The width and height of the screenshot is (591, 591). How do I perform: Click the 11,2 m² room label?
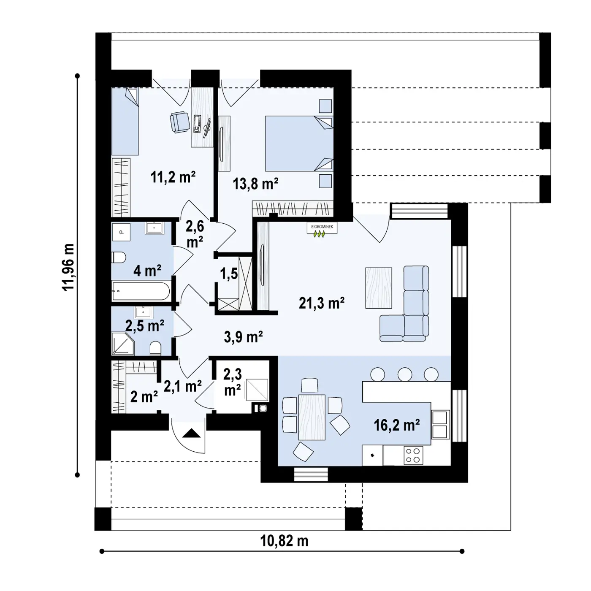pyautogui.click(x=173, y=177)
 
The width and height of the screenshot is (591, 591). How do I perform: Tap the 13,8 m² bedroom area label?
pyautogui.click(x=255, y=184)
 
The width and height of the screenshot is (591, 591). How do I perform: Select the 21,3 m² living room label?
pyautogui.click(x=321, y=303)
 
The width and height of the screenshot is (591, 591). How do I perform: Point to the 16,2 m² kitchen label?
pyautogui.click(x=396, y=425)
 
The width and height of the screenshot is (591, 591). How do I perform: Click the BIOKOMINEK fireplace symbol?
pyautogui.click(x=322, y=230)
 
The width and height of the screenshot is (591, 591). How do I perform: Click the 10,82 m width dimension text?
pyautogui.click(x=284, y=541)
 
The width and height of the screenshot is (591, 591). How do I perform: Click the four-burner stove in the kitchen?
pyautogui.click(x=413, y=455)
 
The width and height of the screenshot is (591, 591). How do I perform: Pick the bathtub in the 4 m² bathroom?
pyautogui.click(x=141, y=291)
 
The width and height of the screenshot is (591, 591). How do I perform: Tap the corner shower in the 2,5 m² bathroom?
pyautogui.click(x=122, y=344)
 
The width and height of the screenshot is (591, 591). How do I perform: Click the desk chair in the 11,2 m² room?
pyautogui.click(x=180, y=122)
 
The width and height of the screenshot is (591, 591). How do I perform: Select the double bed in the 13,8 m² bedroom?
pyautogui.click(x=299, y=143)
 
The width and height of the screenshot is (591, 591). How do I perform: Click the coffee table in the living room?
pyautogui.click(x=379, y=287)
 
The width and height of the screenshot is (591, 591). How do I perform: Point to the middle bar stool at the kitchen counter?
pyautogui.click(x=404, y=374)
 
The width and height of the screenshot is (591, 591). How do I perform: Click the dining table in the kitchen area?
pyautogui.click(x=312, y=417)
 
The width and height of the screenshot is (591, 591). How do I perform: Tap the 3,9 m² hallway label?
pyautogui.click(x=243, y=337)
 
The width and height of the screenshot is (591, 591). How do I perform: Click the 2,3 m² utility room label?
pyautogui.click(x=233, y=382)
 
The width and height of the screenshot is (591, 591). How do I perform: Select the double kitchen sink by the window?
pyautogui.click(x=439, y=425)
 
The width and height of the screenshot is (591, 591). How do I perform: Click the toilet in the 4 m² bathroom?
pyautogui.click(x=119, y=258)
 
